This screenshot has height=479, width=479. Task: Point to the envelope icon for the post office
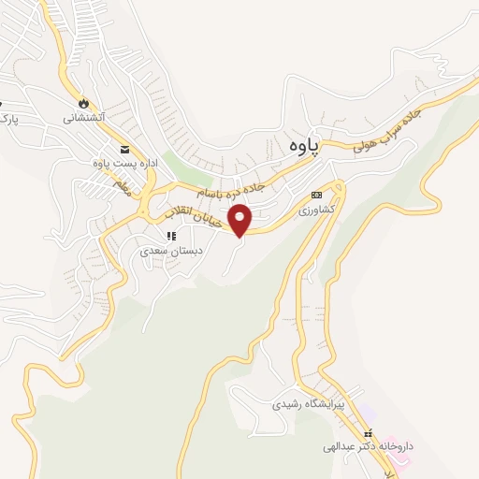[124, 150]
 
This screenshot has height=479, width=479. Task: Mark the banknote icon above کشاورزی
[316, 195]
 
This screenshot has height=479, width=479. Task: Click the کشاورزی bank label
[316, 211]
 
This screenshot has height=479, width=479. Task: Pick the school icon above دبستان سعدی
[170, 235]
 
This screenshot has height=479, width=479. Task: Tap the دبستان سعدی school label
[165, 251]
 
